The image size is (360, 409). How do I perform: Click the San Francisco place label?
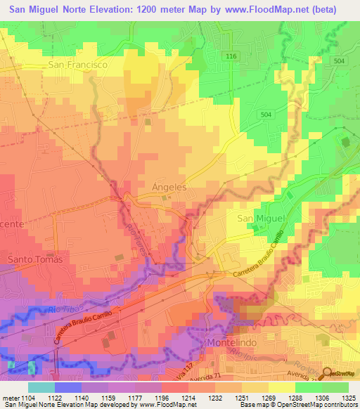click(x=77, y=64)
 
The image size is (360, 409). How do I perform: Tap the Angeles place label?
click(x=169, y=188)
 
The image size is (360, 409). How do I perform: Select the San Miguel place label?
click(x=259, y=219)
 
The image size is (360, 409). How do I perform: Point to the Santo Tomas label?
click(x=34, y=259)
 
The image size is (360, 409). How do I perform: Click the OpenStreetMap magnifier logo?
click(x=328, y=373)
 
